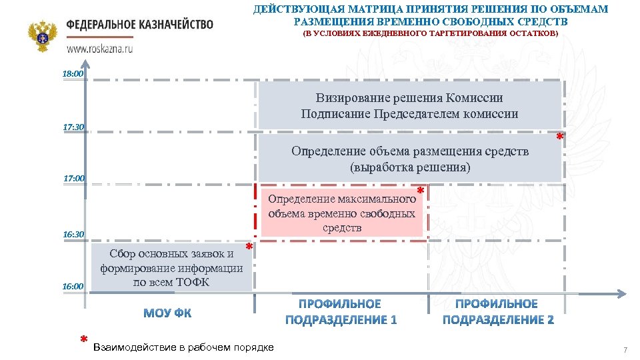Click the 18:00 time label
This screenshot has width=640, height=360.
[x=73, y=74]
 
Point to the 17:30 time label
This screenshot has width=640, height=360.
[x=73, y=127]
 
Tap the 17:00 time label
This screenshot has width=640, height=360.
[x=73, y=179]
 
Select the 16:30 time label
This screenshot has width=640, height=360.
[x=73, y=235]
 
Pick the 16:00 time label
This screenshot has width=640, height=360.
[x=73, y=287]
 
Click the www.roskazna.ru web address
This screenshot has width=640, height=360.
[x=99, y=49]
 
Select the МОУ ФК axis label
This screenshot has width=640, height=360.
[x=167, y=313]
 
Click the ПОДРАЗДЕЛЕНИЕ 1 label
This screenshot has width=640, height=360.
[x=341, y=320]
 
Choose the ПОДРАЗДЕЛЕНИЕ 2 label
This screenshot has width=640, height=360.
[x=498, y=320]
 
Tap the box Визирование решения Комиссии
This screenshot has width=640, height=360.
[x=409, y=106]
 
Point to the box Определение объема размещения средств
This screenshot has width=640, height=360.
[x=409, y=159]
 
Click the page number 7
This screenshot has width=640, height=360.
[x=625, y=350]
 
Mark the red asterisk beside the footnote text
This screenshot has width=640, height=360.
[x=83, y=340]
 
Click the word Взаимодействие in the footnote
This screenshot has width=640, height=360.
[x=128, y=347]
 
